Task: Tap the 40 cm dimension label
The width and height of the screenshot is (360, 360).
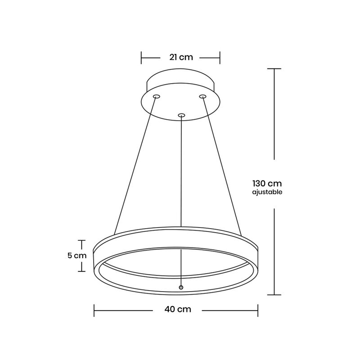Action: (x=178, y=309)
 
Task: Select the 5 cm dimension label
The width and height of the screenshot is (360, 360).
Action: (x=77, y=256)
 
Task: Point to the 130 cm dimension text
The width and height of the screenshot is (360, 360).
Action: (x=267, y=184)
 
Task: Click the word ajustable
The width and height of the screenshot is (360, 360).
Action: (x=267, y=192)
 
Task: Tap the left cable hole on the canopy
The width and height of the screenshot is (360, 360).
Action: (x=157, y=96)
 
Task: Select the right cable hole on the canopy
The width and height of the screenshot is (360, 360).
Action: (x=202, y=96)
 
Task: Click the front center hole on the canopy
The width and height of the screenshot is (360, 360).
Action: (x=181, y=115)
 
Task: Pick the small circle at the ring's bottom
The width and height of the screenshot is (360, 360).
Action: (x=181, y=287)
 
